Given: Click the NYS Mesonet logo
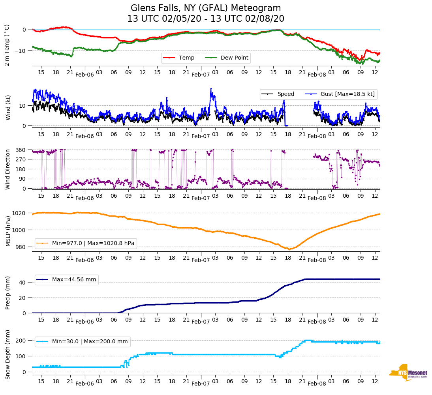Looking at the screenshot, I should pyautogui.click(x=408, y=373).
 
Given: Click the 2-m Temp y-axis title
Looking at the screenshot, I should pyautogui.click(x=7, y=45).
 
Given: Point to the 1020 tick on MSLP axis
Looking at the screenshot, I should pyautogui.click(x=20, y=213).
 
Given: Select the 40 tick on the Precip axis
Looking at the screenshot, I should pyautogui.click(x=23, y=283).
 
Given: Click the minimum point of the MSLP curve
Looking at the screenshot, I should pyautogui.click(x=289, y=249).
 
